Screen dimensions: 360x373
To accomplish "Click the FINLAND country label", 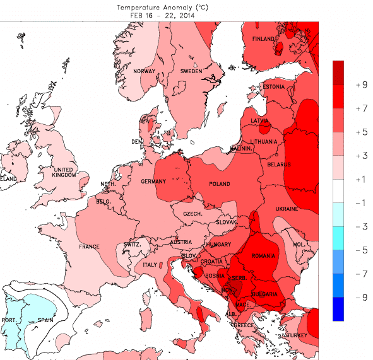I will coord(264,39).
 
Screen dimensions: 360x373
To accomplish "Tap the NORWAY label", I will coord(144,71).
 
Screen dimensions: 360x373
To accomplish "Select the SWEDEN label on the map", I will coord(191,72).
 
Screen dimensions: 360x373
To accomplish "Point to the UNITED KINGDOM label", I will coord(65,174).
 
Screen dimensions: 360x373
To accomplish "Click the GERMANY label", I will coord(153,182).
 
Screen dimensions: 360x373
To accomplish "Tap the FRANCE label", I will coord(89,247).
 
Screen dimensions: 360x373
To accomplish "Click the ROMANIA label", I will coord(264,256).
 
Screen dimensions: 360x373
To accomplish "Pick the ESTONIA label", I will coord(273,86).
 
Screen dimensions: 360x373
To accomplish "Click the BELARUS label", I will coord(278,165).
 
